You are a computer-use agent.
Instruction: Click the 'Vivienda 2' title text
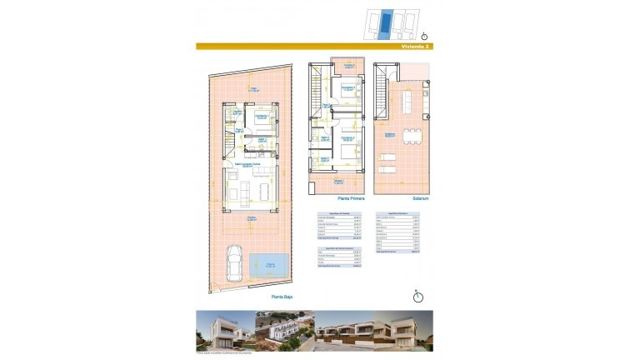[413, 47]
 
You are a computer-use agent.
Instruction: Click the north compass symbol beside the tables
[419, 295]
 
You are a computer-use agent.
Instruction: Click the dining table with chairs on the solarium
[410, 136]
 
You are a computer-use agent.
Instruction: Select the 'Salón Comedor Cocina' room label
[242, 165]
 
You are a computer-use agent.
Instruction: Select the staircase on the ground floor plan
[226, 150]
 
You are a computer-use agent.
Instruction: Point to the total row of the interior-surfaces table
[337, 238]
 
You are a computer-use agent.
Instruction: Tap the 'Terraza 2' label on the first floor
[344, 66]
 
